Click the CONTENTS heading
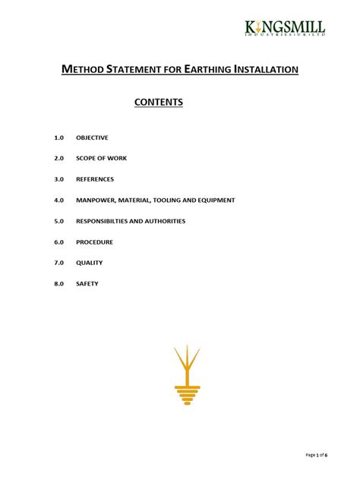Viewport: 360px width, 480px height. (159, 101)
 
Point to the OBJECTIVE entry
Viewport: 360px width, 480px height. (92, 137)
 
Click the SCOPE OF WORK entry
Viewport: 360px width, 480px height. (101, 158)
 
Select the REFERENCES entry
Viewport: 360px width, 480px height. (95, 179)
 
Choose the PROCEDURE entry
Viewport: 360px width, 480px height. (94, 242)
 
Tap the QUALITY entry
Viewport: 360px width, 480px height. (89, 263)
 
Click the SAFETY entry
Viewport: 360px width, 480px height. (87, 283)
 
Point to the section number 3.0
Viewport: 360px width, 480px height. (59, 179)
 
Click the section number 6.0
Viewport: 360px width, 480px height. (59, 242)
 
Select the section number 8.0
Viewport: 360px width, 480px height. (59, 283)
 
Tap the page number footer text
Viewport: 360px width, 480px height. (316, 455)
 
